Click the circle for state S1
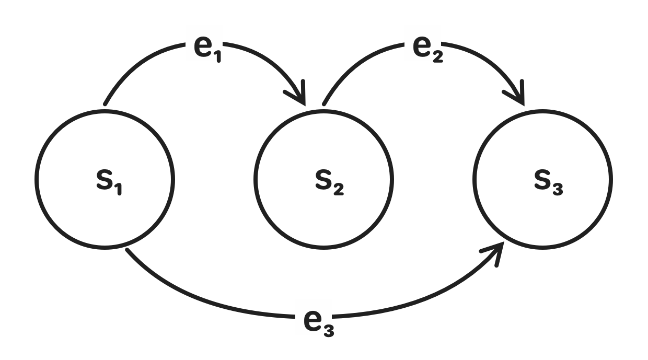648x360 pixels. click(x=105, y=179)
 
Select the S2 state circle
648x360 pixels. click(x=323, y=179)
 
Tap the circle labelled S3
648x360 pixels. click(x=542, y=179)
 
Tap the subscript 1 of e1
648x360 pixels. click(x=217, y=55)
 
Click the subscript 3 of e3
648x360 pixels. click(x=328, y=330)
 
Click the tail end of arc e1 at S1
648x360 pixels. click(x=106, y=104)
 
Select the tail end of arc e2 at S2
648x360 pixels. click(x=325, y=104)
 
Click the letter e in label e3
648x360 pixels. click(x=312, y=320)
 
